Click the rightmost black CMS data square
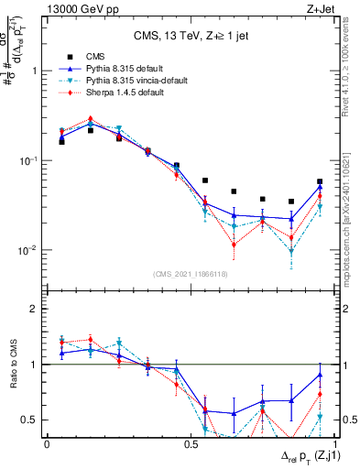320,181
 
